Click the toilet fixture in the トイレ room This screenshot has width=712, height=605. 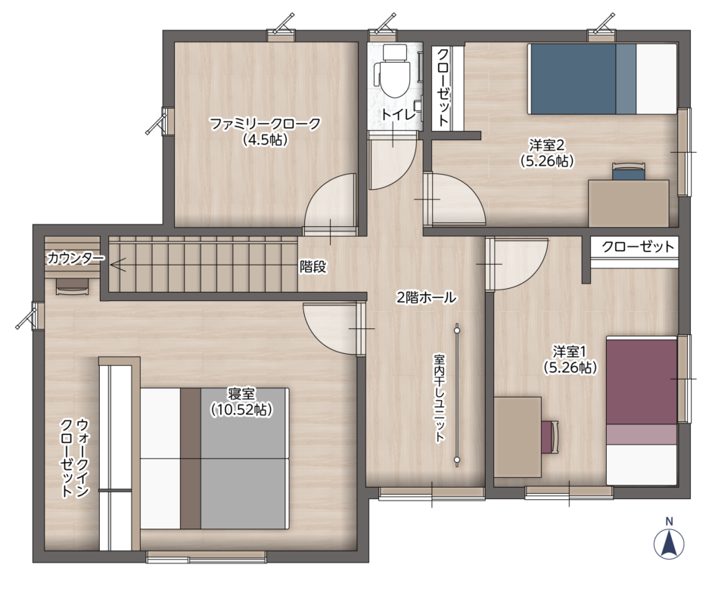(x=393, y=71)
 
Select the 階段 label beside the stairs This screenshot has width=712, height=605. (x=312, y=267)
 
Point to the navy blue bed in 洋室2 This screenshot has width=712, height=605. (x=602, y=79)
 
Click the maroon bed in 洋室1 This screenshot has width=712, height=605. (x=642, y=411)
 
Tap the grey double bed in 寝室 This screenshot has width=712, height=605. (x=215, y=458)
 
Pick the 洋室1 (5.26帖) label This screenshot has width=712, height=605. (x=570, y=359)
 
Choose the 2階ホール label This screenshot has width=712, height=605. (x=427, y=298)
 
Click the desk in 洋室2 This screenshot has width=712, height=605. (x=629, y=203)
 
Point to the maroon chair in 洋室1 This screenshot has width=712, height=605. (x=550, y=436)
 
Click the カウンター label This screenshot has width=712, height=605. (x=76, y=258)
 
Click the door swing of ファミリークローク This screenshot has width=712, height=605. (x=330, y=204)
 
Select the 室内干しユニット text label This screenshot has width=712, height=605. (x=439, y=399)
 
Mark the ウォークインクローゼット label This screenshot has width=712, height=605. (x=74, y=458)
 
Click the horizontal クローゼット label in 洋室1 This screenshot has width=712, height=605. (x=638, y=247)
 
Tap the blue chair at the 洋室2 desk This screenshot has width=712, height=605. (x=629, y=172)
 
